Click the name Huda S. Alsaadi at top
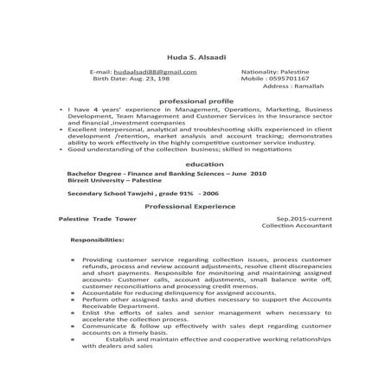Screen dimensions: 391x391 [x=195, y=55]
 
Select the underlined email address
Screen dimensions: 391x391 [x=144, y=71]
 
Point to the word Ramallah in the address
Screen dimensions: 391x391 [x=303, y=87]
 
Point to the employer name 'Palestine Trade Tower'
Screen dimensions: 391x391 [x=93, y=219]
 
